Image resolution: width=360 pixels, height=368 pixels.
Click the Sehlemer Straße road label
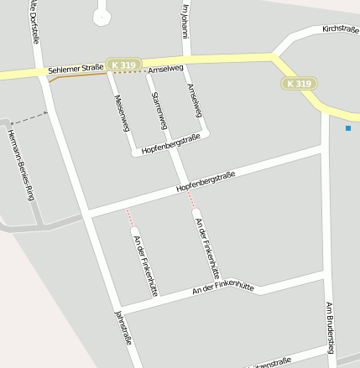76,70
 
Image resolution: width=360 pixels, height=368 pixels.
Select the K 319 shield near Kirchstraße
299,84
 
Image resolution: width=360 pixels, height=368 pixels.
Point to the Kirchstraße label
340,29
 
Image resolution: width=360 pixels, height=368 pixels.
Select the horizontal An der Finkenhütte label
222,288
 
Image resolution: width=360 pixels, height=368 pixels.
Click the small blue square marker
348,128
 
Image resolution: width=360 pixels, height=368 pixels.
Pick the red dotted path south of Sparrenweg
192,200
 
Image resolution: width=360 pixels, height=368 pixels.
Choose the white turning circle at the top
102,15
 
